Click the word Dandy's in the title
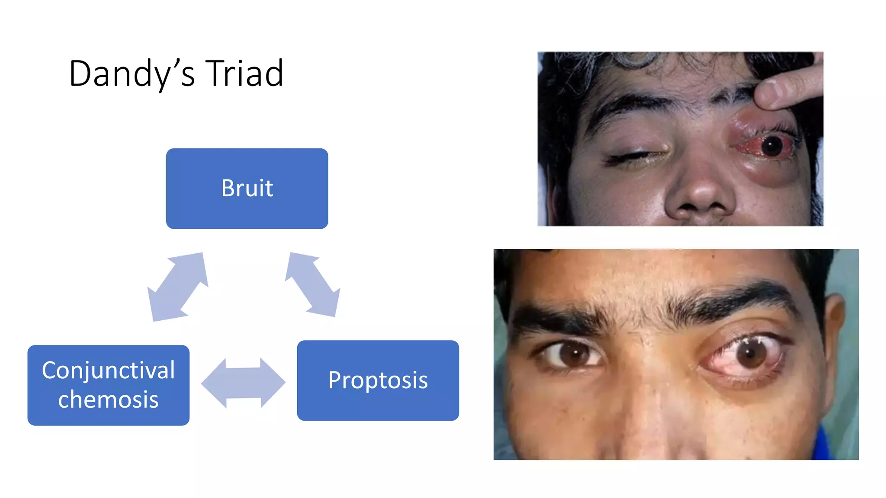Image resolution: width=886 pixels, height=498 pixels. coord(132,73)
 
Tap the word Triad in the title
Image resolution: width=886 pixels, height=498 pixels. coord(244,73)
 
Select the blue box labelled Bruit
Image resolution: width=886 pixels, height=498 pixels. coord(247,188)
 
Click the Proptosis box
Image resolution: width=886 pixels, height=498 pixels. coord(378,380)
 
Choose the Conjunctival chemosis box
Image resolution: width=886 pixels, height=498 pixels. coord(108,385)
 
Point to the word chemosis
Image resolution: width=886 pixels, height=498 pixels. coord(108,399)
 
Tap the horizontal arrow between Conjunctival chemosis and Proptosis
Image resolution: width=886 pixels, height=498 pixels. coord(243,383)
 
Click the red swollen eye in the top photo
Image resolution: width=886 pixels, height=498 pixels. coord(768,146)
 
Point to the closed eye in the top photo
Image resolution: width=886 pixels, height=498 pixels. coord(636,156)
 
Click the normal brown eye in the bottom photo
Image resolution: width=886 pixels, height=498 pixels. coord(571,352)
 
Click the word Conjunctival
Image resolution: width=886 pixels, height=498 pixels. coord(108,370)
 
